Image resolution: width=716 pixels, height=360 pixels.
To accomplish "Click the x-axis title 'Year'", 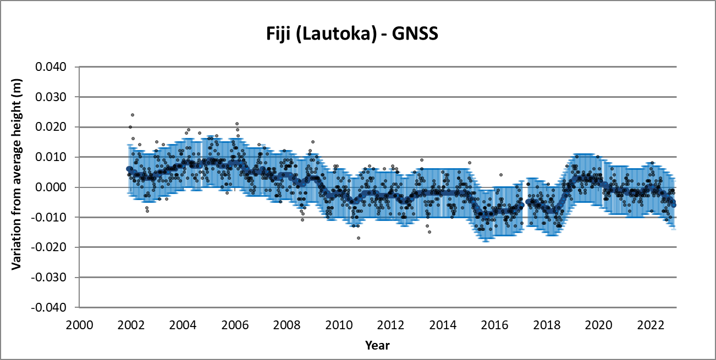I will pyautogui.click(x=377, y=345).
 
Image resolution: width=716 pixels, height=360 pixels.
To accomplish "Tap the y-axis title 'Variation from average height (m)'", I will pyautogui.click(x=16, y=187).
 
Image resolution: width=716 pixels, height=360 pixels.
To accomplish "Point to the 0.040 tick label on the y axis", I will pyautogui.click(x=51, y=67).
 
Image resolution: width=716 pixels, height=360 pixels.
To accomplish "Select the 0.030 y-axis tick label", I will pyautogui.click(x=51, y=97).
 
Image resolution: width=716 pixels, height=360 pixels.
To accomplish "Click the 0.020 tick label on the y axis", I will pyautogui.click(x=51, y=127).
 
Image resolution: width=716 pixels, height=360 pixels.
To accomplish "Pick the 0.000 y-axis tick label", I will pyautogui.click(x=51, y=187).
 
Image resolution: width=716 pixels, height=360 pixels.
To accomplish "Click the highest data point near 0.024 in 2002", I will pyautogui.click(x=133, y=115).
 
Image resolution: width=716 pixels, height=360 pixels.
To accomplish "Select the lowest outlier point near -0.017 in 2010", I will pyautogui.click(x=359, y=238).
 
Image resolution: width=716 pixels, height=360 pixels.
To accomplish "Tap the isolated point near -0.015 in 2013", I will pyautogui.click(x=429, y=232).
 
